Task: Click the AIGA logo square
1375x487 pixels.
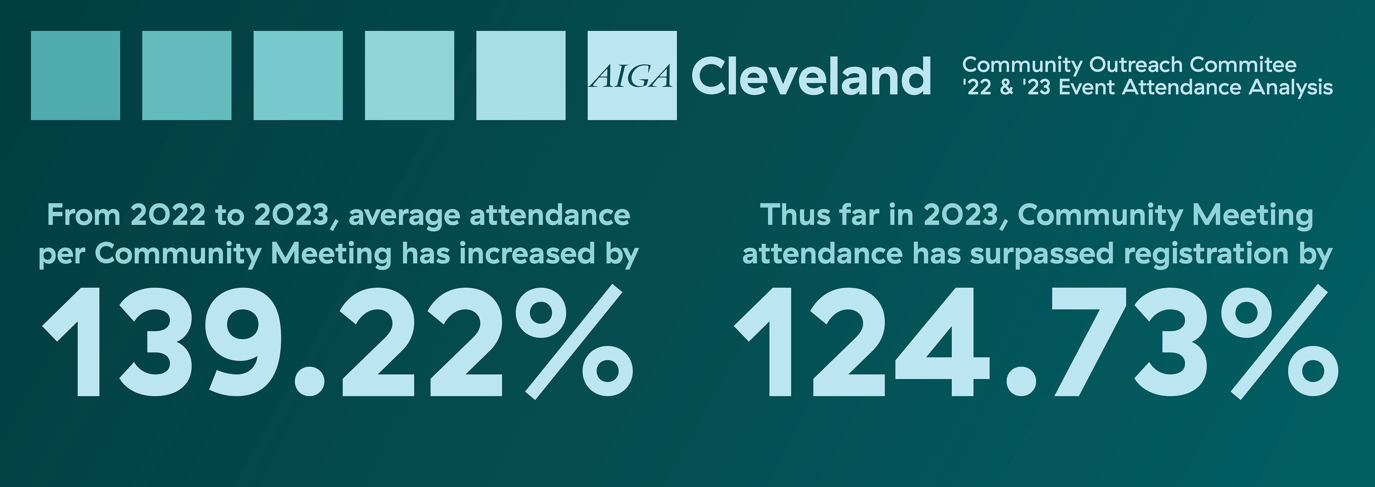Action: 632,75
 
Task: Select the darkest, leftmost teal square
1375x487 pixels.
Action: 75,75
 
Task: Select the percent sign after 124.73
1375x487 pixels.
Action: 1278,341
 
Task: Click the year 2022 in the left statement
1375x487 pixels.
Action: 167,215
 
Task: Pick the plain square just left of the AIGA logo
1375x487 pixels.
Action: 520,75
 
